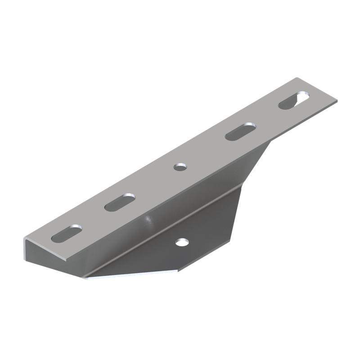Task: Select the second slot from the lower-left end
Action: [120, 202]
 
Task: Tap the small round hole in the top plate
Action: [180, 167]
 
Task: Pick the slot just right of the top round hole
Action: [238, 131]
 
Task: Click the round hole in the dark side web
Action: [182, 243]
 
